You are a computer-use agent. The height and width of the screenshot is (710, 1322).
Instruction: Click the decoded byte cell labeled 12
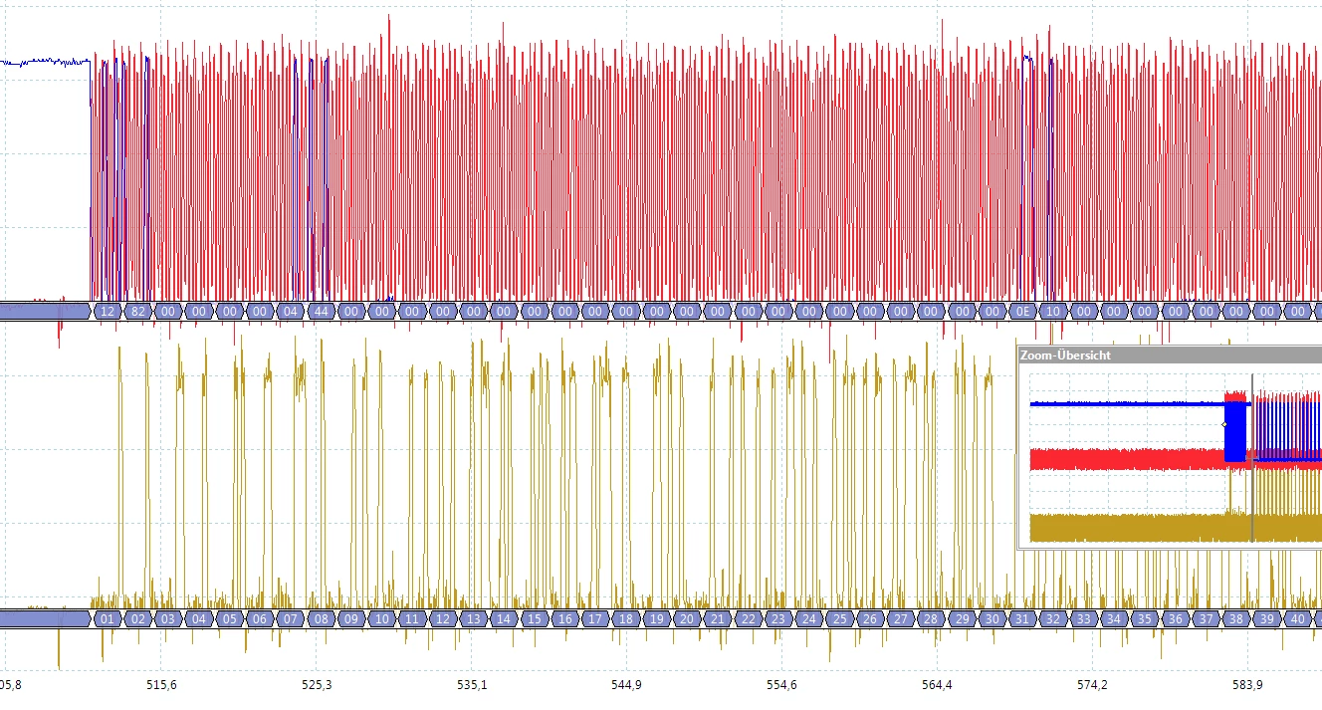click(x=108, y=312)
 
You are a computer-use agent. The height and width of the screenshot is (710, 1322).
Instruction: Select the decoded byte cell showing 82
click(x=138, y=312)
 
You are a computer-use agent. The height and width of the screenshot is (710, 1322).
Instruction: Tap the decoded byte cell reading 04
click(x=291, y=312)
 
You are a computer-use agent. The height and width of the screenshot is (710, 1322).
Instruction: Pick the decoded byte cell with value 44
click(x=322, y=312)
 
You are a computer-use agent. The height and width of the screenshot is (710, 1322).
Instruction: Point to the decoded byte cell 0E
click(x=1022, y=312)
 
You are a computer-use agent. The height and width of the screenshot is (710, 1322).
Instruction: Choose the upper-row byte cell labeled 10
click(x=1053, y=312)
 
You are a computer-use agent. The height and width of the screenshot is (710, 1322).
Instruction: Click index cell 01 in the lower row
click(x=108, y=619)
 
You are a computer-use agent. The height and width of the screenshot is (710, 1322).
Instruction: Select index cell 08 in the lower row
click(x=322, y=619)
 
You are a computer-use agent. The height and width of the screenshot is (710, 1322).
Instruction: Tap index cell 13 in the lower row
click(x=473, y=619)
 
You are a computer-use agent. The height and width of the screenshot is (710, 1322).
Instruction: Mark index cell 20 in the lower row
click(x=687, y=619)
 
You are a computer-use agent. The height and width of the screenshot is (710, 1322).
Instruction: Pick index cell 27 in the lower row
click(x=901, y=619)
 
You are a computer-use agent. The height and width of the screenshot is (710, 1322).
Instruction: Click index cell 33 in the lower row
click(x=1084, y=619)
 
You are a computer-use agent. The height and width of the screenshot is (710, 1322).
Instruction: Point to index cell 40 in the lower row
click(x=1298, y=619)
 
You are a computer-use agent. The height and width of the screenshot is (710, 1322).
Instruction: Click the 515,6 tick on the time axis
click(x=161, y=685)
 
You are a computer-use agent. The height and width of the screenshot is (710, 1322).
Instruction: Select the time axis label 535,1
click(x=472, y=685)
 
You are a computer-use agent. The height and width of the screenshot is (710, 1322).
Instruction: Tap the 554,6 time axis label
click(x=782, y=685)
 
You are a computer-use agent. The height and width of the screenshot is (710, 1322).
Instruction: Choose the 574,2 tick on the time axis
click(x=1092, y=685)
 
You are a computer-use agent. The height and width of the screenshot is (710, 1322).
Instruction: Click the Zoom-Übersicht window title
click(x=1065, y=355)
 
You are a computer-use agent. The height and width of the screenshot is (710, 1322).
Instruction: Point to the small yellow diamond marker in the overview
click(x=1224, y=424)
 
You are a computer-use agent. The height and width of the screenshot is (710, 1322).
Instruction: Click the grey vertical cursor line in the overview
click(x=1252, y=457)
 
